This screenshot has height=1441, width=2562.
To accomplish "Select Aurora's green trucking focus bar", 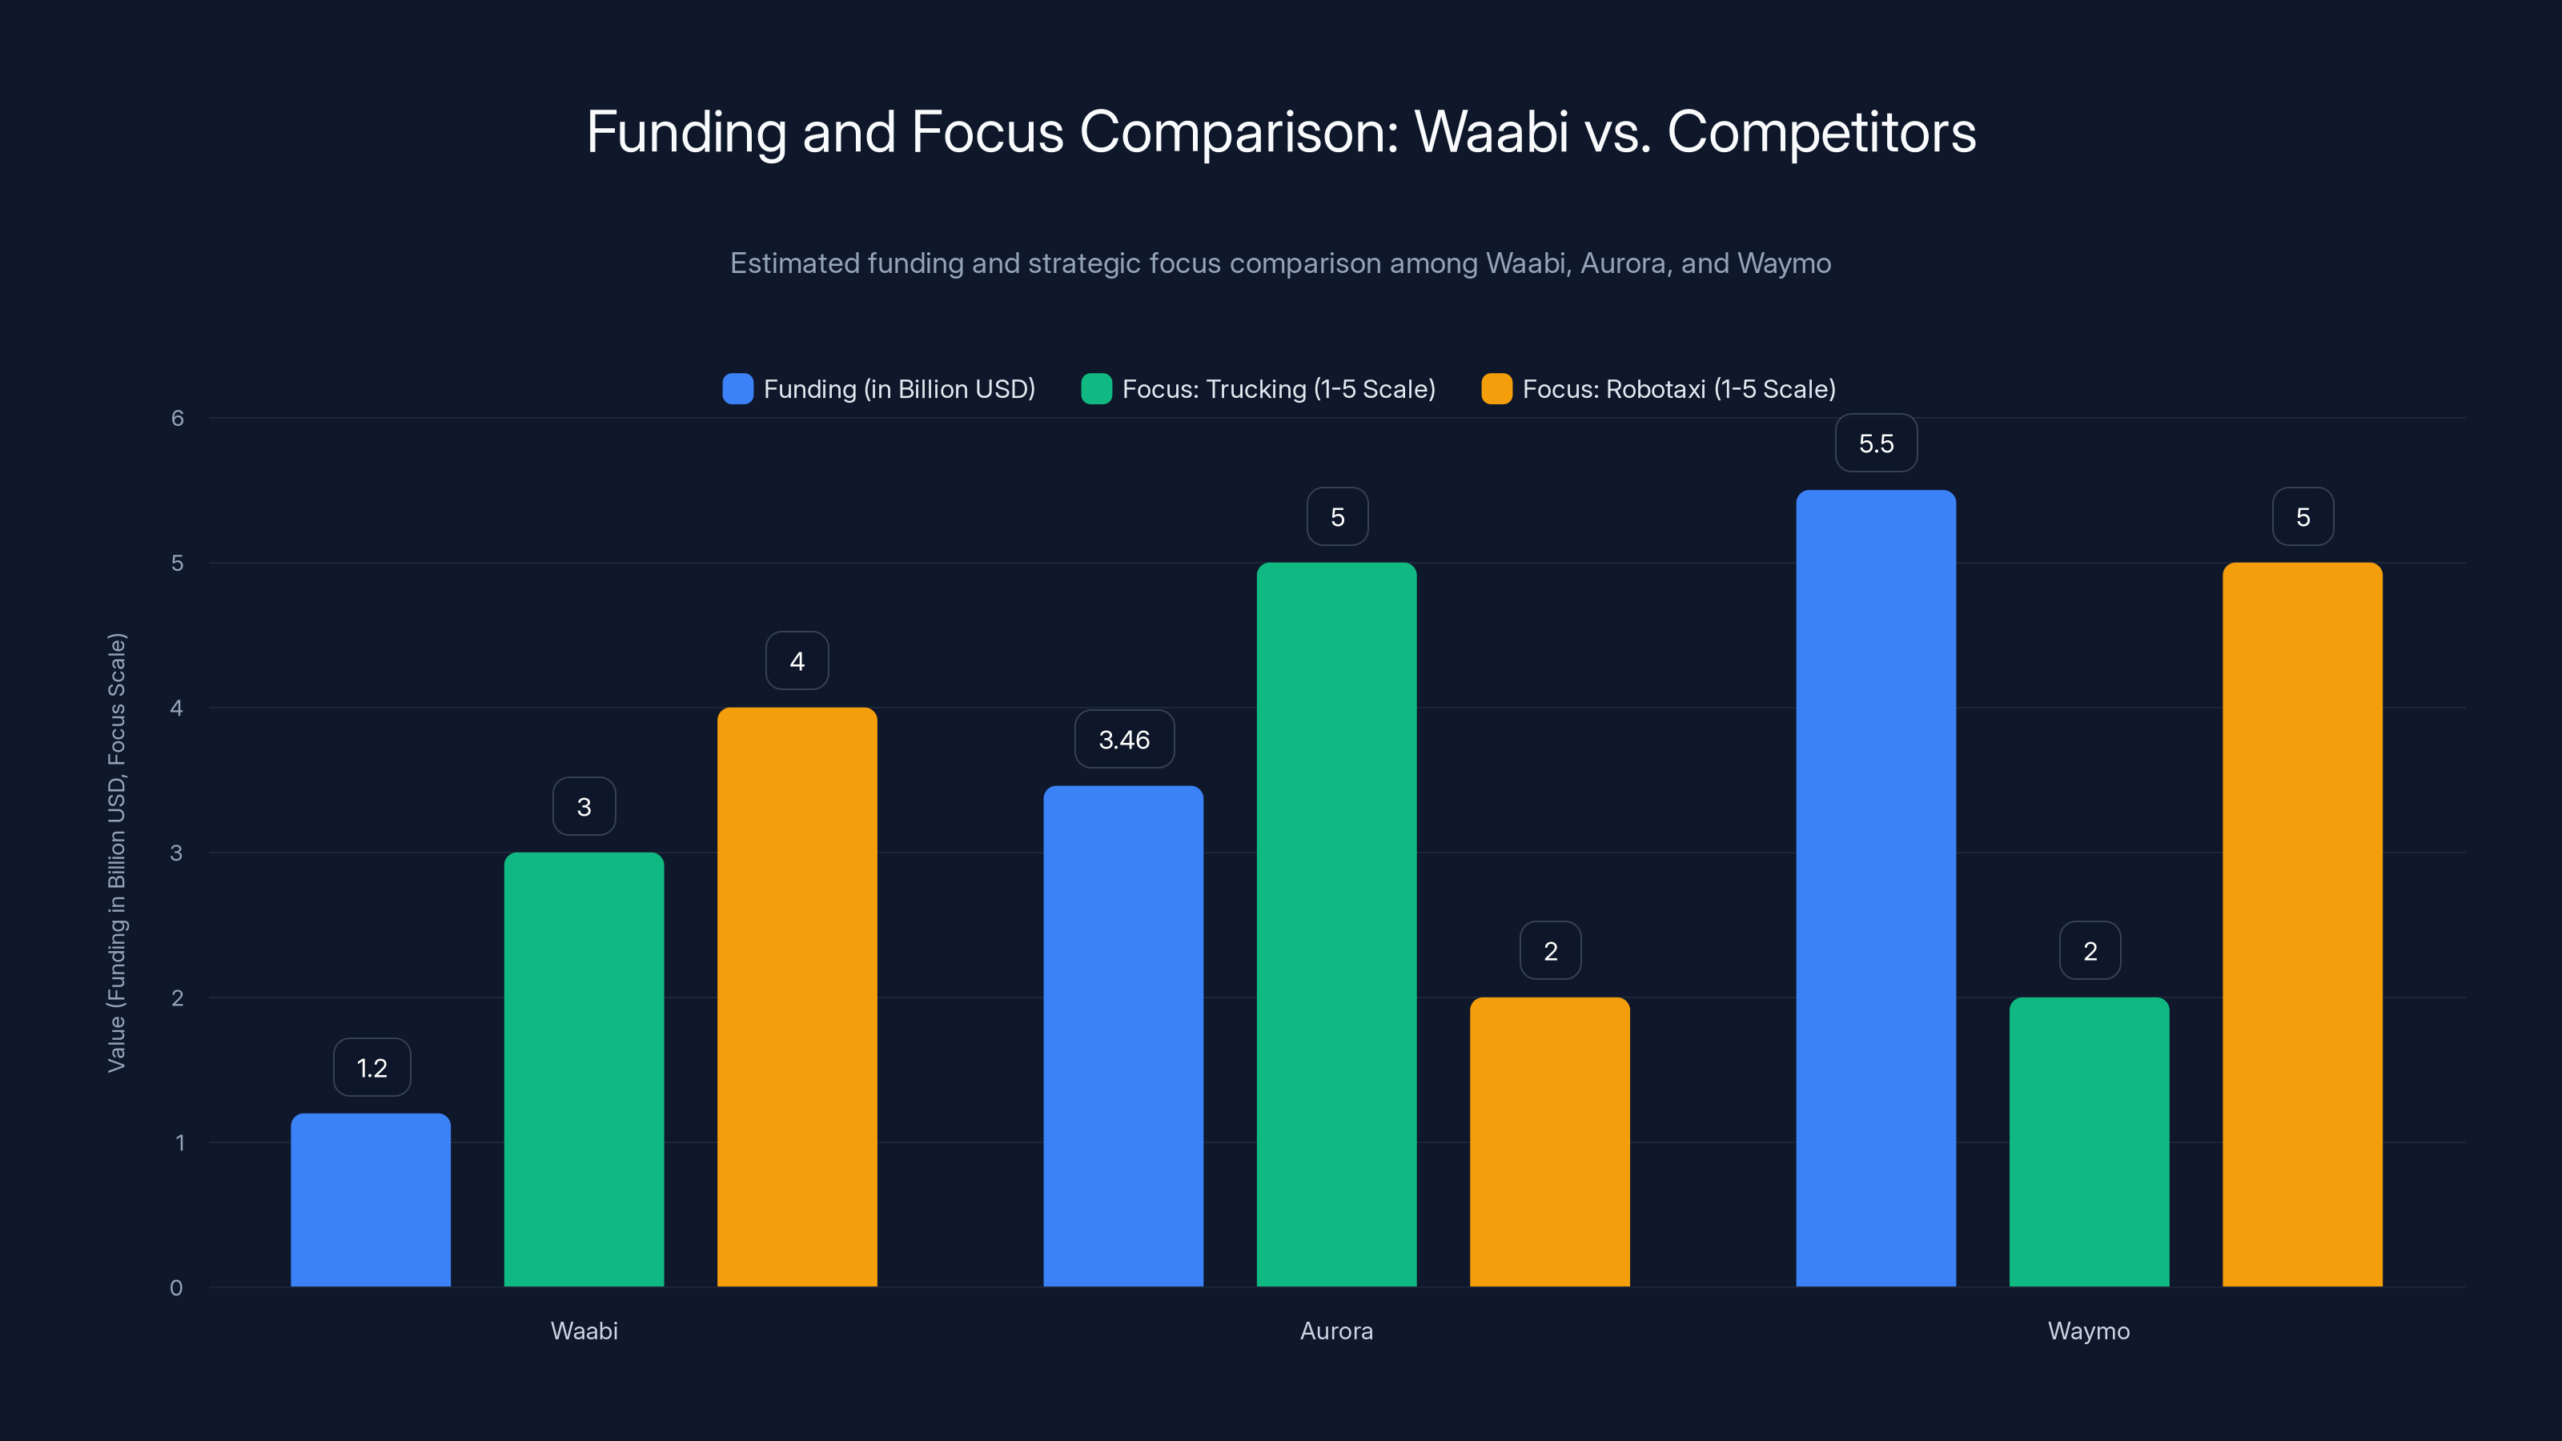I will [x=1335, y=925].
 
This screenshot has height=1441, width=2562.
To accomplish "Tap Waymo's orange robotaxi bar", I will [x=2302, y=925].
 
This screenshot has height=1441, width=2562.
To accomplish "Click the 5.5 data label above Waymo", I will [x=1876, y=444].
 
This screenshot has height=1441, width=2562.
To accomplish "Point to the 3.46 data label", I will [x=1124, y=740].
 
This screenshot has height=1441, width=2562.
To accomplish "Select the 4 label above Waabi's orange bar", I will [x=797, y=661].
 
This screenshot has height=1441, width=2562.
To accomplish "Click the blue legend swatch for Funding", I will [x=737, y=389].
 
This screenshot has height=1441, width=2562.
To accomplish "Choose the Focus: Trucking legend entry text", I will [x=1278, y=389].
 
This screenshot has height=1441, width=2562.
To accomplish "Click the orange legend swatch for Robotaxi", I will [x=1496, y=389].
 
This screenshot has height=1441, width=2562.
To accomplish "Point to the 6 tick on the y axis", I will [x=177, y=419].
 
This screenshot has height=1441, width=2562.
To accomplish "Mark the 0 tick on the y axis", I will [x=176, y=1288].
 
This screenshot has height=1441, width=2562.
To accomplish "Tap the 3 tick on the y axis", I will [x=176, y=853].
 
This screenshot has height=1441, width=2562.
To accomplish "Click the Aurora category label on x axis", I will [x=1335, y=1331].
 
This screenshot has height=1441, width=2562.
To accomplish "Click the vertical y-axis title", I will [x=116, y=853].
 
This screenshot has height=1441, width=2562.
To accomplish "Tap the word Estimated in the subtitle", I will [x=796, y=263].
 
